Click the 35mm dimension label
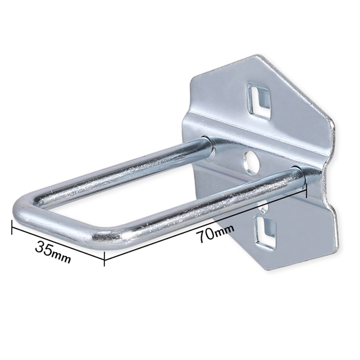53,252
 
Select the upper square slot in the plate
258,101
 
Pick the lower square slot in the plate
264,233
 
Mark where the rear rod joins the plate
208,147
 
